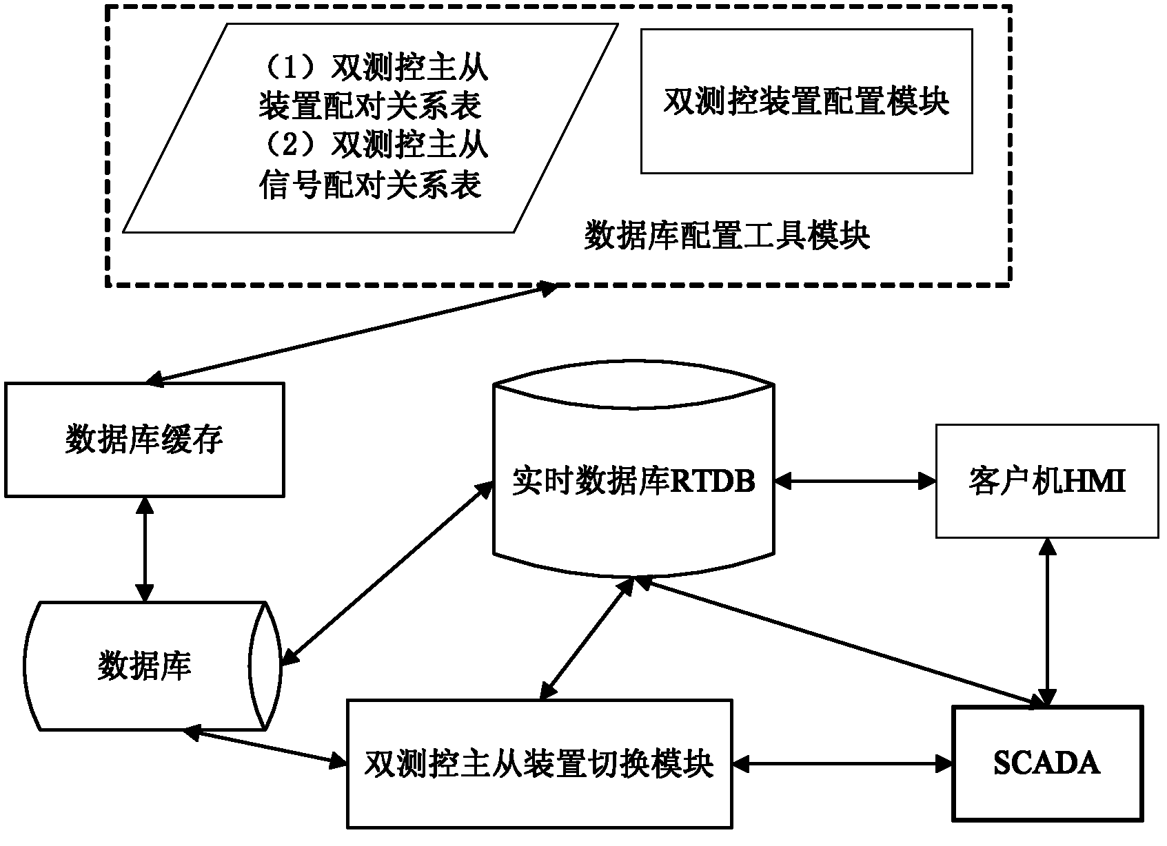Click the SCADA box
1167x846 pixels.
click(1046, 763)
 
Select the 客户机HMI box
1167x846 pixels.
click(1046, 481)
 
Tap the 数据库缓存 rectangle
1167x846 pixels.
click(145, 440)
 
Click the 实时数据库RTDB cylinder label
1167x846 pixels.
click(633, 481)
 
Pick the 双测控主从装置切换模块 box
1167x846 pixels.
click(539, 763)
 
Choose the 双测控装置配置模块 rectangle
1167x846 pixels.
click(806, 101)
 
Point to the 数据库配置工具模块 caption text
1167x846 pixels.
click(727, 236)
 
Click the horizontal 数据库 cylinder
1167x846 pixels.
click(145, 666)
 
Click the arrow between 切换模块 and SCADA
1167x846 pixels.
click(842, 763)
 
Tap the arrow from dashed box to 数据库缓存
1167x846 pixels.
click(352, 332)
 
